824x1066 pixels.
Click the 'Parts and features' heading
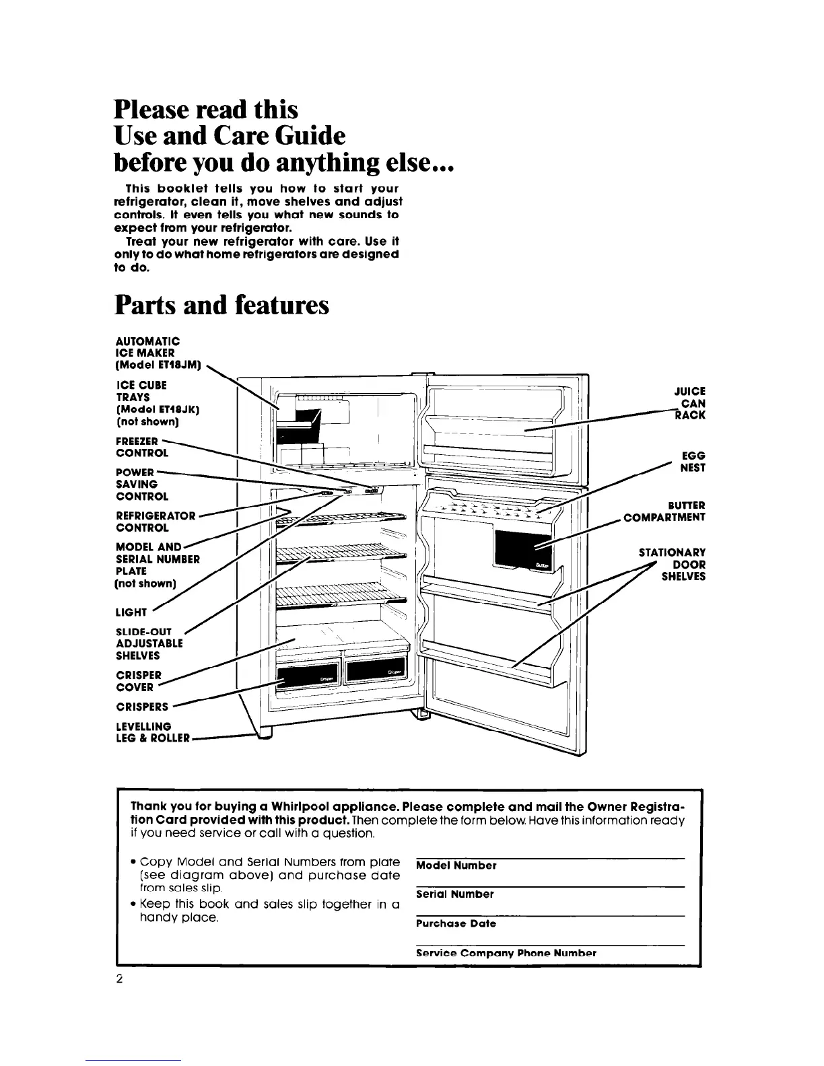[x=222, y=305]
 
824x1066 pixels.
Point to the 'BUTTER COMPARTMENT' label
[x=664, y=511]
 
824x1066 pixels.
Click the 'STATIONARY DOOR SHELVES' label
[x=672, y=565]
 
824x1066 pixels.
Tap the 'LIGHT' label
[x=131, y=612]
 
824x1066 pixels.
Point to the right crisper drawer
[x=376, y=670]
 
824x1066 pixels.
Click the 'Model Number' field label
[x=456, y=865]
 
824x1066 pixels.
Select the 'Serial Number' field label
[x=454, y=894]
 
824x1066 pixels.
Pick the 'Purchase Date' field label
[x=456, y=924]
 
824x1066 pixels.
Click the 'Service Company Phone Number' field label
[x=506, y=953]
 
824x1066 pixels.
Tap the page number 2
[x=118, y=980]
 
